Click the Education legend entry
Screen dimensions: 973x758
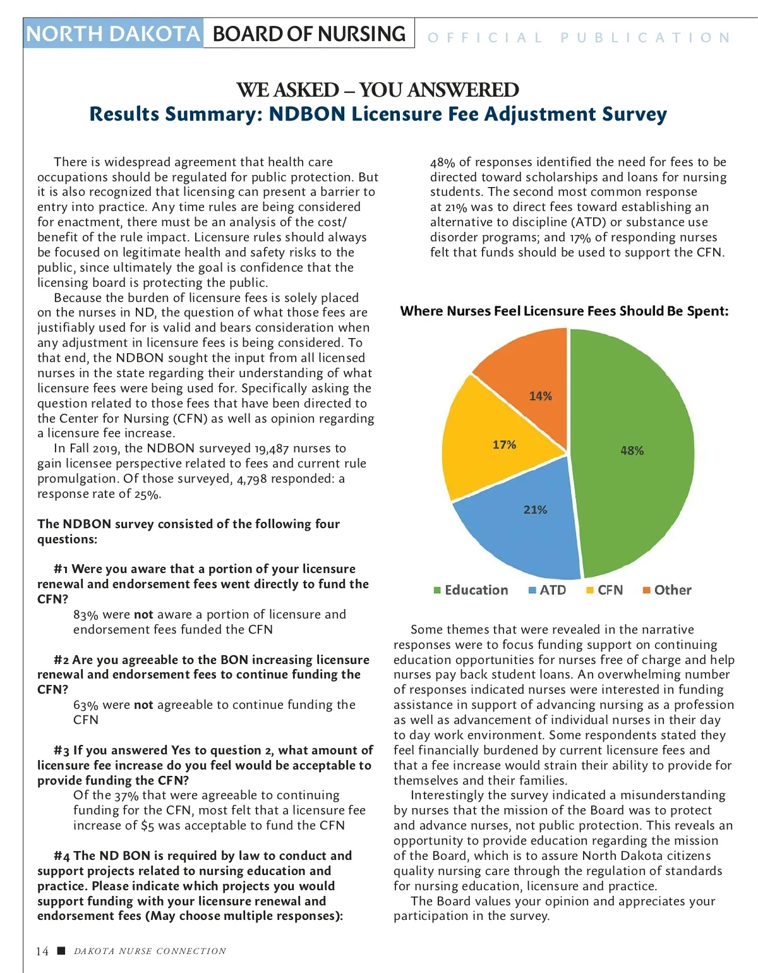coord(471,590)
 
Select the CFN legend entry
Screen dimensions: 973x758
coord(605,590)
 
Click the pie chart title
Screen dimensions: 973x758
coord(564,311)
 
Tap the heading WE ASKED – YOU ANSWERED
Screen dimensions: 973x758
coord(378,90)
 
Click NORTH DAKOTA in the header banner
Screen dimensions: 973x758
coord(113,33)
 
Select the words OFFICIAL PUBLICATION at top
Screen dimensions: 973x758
coord(579,38)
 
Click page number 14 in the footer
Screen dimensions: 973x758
coord(42,951)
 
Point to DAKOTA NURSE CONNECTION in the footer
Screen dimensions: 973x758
coord(150,951)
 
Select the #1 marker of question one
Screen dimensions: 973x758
coord(61,569)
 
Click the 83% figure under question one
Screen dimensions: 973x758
coord(86,615)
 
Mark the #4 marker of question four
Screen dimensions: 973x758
coord(62,856)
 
